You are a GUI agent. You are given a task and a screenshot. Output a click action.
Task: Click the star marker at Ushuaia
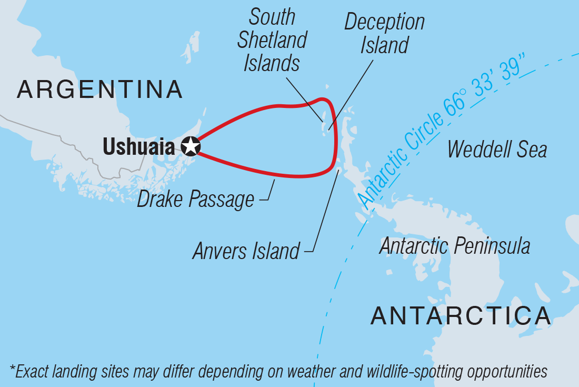(191, 146)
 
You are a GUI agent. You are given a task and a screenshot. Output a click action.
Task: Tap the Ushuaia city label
(138, 147)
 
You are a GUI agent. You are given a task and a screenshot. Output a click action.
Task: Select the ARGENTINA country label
(99, 90)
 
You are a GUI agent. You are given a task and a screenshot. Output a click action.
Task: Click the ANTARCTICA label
(461, 315)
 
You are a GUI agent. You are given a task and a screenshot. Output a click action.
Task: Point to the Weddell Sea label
(497, 149)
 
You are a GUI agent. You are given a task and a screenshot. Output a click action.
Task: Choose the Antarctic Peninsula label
(454, 245)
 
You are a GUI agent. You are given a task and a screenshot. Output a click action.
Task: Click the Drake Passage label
(195, 200)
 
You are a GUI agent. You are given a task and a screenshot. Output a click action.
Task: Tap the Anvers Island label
(246, 251)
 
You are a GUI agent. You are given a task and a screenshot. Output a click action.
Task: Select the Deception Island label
(384, 34)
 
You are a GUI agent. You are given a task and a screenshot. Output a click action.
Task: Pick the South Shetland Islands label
(272, 41)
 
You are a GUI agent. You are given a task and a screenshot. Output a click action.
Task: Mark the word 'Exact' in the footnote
(33, 371)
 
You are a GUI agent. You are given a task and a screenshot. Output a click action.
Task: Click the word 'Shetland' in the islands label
(272, 41)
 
